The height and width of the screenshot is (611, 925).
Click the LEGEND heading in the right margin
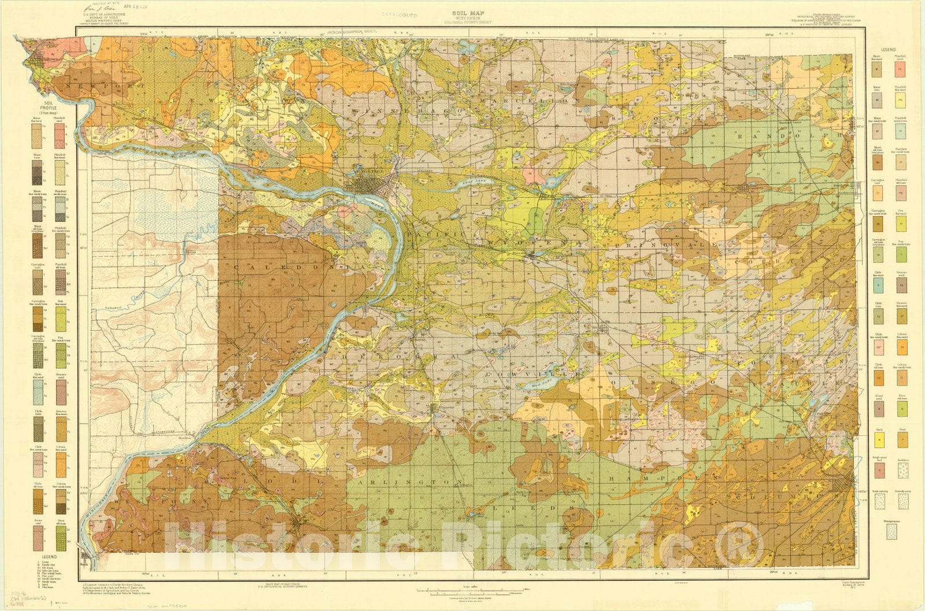[889, 50]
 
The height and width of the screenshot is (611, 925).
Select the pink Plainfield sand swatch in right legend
[901, 69]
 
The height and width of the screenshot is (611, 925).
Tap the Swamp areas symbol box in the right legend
[891, 532]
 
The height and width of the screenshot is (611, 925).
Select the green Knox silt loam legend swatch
[901, 409]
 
